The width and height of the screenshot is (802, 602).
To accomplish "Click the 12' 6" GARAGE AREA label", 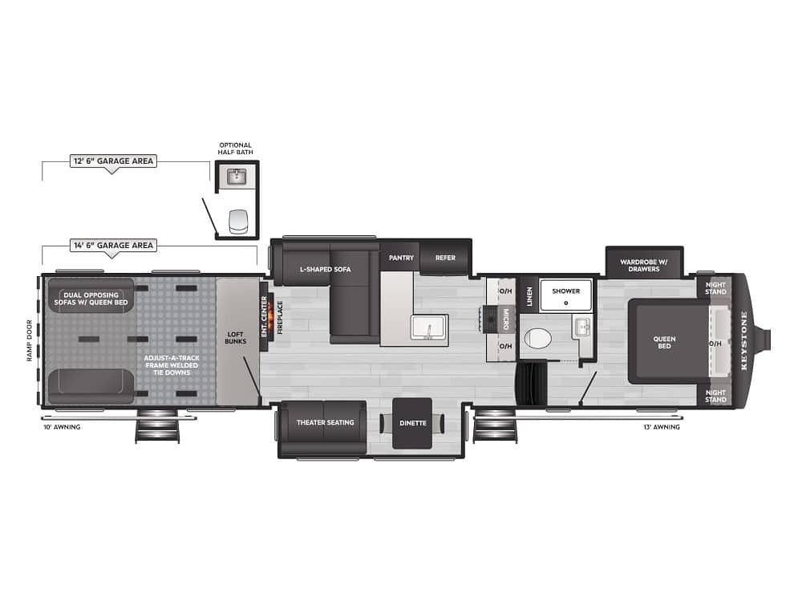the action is click(113, 161).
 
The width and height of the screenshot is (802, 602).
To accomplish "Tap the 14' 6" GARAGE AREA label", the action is click(113, 245).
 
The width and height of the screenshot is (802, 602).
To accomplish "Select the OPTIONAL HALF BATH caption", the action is click(235, 148).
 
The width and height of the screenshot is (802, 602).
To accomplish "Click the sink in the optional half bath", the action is click(237, 177).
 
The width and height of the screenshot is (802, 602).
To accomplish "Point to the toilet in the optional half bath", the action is click(238, 221).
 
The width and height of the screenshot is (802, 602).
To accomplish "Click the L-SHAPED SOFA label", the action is click(326, 269).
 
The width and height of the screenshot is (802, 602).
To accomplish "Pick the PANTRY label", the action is click(401, 258).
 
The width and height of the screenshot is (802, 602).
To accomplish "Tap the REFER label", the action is click(445, 258).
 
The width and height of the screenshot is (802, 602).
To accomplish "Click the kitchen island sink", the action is click(430, 327).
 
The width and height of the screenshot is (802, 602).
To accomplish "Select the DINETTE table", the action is click(412, 423).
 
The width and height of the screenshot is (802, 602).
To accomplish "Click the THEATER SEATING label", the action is click(326, 422).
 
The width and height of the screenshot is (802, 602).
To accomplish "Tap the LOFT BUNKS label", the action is click(235, 338).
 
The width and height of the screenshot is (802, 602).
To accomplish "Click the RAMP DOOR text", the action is click(29, 340).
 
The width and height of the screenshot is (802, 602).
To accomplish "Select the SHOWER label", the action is click(566, 291).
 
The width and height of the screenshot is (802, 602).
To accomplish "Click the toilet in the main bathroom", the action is click(538, 339).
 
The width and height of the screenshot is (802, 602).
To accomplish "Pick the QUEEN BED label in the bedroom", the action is click(664, 343).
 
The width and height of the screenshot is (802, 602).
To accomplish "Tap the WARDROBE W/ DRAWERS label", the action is click(644, 265).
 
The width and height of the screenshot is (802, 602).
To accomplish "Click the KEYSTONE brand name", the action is click(743, 340).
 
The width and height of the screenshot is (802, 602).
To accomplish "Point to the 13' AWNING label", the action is click(662, 426).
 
